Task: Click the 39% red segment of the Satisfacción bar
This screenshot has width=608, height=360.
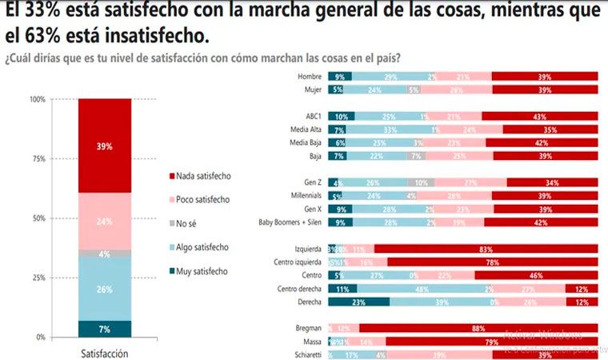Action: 105,146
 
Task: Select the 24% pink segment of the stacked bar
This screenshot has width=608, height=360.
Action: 105,222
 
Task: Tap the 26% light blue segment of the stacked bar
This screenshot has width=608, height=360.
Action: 105,289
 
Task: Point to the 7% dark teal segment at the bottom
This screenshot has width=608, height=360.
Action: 105,329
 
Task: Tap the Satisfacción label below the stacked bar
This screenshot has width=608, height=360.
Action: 105,353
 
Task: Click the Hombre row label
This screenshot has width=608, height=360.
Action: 308,77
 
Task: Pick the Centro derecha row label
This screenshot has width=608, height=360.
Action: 298,288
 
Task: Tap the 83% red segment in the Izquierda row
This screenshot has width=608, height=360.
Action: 486,249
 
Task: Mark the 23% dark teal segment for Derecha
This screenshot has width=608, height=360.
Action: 358,302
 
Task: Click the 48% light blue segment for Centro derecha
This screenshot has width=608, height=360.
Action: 418,288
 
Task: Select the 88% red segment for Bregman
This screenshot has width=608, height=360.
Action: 478,328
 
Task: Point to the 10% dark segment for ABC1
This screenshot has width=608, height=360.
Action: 342,116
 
